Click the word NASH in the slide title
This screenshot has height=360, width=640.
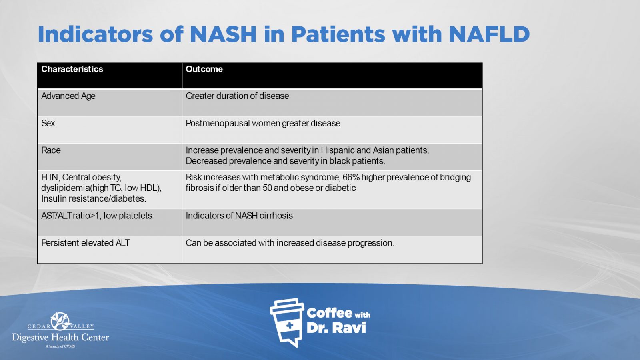coord(223,34)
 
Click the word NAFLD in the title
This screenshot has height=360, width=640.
coord(490,34)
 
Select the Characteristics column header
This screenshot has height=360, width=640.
coord(72,69)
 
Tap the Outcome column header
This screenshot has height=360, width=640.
coord(204,69)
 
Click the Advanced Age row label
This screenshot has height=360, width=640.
coord(68,96)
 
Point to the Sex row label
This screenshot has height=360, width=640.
coord(48,123)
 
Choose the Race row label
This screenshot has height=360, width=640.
coord(51,150)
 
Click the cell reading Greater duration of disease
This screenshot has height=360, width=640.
coord(237,96)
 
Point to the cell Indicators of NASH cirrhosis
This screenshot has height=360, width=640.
coord(239,216)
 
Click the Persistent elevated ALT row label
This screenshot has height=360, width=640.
coord(86,243)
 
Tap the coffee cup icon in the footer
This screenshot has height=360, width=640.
coord(287,322)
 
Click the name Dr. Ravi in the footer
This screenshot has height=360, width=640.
coord(336,328)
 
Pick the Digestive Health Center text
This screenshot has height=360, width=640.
coord(60,338)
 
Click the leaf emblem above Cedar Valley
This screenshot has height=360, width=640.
coord(60,321)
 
